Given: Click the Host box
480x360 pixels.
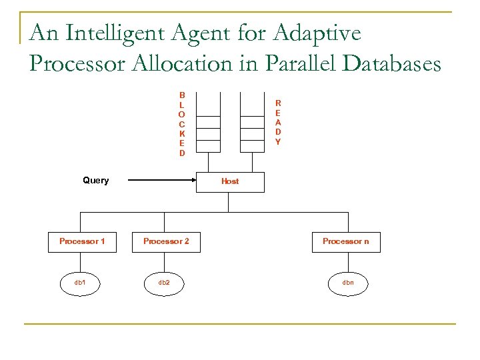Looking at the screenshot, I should click(230, 181).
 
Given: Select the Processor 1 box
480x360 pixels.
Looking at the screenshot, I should click(82, 241).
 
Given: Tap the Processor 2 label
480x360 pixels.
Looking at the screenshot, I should click(166, 241).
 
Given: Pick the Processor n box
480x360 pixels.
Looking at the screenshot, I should click(345, 241).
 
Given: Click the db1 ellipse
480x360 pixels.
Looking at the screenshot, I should click(80, 283).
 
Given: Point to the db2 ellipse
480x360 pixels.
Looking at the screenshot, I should click(164, 283).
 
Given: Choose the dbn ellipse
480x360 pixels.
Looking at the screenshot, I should click(348, 283).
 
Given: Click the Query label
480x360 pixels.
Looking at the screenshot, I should click(95, 181).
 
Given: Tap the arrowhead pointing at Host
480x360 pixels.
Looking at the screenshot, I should click(194, 181).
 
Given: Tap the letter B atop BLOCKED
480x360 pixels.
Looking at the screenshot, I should click(182, 95).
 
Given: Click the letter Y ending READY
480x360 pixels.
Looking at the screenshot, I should click(278, 142).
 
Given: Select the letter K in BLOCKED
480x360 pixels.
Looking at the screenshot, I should click(182, 134).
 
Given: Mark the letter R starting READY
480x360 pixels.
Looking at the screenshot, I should click(278, 103).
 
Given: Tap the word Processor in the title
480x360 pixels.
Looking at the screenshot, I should click(75, 64).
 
